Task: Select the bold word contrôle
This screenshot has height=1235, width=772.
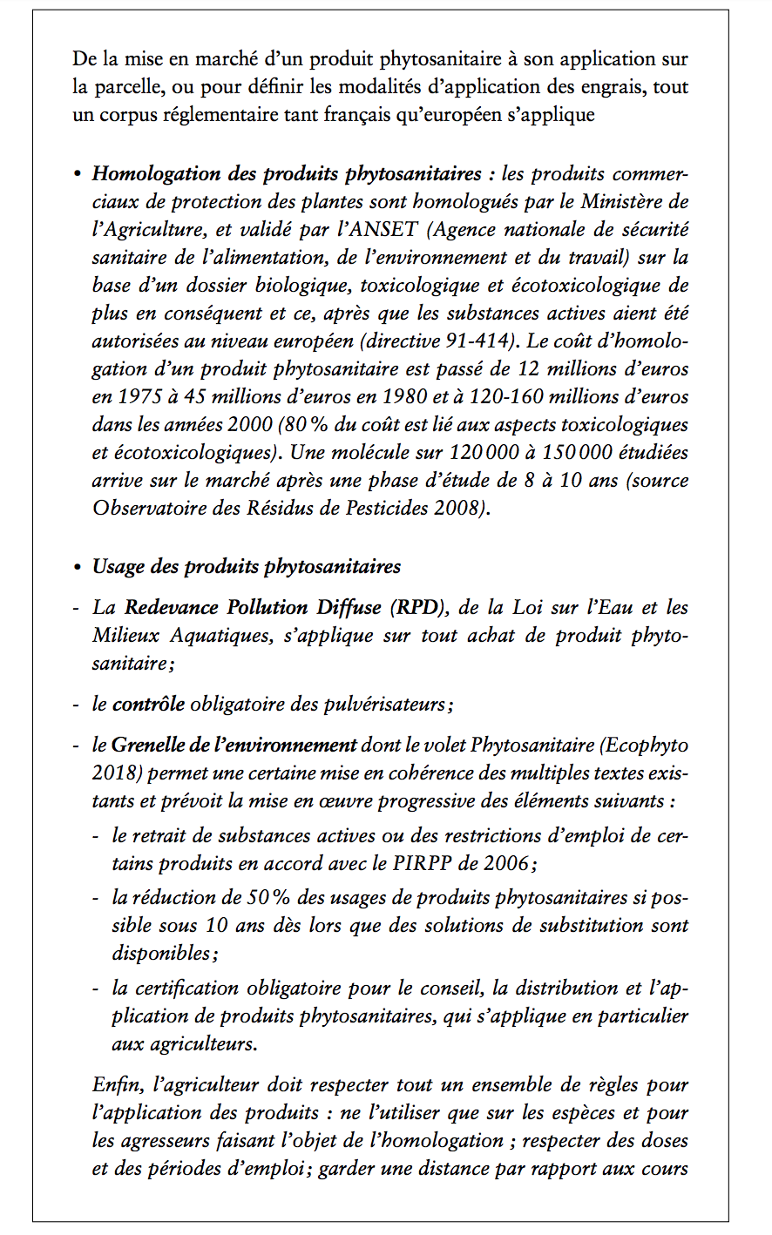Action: pos(148,704)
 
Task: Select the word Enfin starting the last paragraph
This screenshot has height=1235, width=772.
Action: pos(117,1085)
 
